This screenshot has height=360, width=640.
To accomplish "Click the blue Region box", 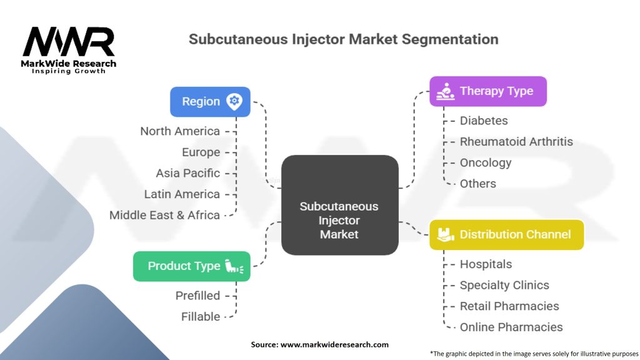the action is tap(210, 102).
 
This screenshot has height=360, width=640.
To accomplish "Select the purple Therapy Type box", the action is tap(488, 91).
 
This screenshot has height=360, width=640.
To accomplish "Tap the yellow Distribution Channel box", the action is tap(506, 235).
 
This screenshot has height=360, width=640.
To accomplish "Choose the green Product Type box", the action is tap(192, 266).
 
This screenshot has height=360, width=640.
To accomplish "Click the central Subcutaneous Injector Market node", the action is tap(340, 205).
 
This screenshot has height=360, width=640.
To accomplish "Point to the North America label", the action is tap(180, 131).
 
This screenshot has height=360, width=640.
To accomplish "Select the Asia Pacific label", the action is tap(187, 173).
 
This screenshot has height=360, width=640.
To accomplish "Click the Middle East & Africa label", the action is tap(164, 215).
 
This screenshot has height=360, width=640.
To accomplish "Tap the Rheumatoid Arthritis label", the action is tap(516, 142).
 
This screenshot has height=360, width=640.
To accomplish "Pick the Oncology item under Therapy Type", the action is tap(486, 163).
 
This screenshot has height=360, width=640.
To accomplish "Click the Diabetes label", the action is tap(484, 121).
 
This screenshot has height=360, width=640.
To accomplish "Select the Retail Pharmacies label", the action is tap(509, 306).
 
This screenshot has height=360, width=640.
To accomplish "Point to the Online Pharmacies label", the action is tap(511, 327).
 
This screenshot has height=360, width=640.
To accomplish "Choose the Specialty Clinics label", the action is tap(504, 285).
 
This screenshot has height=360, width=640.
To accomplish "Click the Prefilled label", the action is tap(197, 296).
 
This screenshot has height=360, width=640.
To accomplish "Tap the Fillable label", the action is tap(201, 316).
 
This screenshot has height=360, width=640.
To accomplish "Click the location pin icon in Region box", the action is tap(234, 101).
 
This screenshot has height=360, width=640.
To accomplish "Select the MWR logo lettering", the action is tap(69, 42).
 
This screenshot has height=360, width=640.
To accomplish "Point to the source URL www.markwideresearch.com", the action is tap(334, 344).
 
